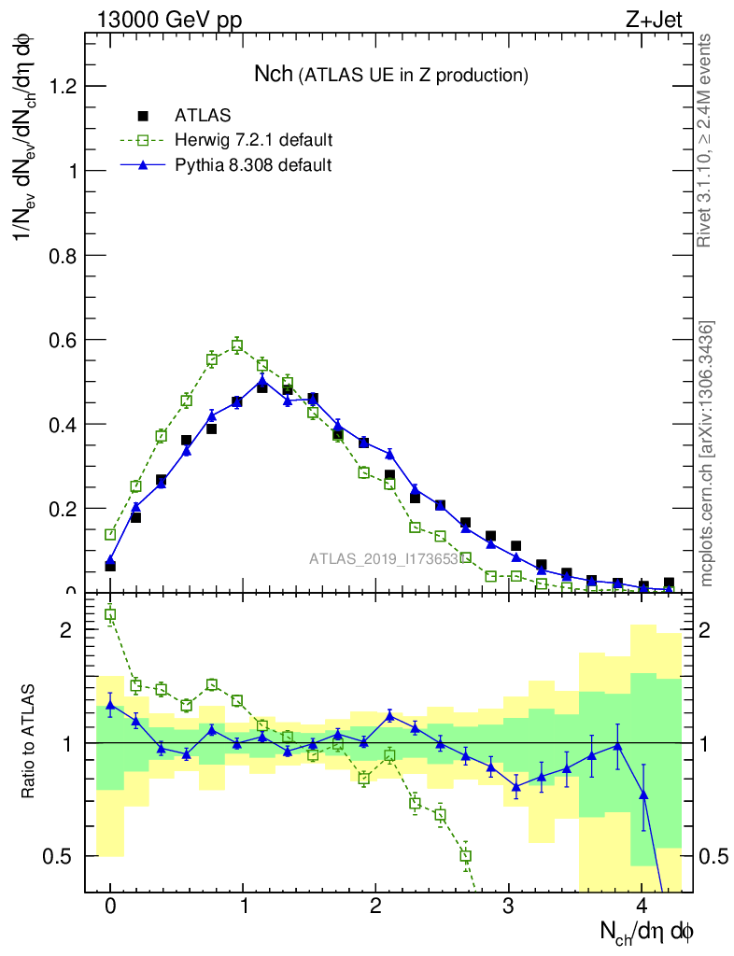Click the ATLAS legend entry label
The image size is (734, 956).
(x=203, y=116)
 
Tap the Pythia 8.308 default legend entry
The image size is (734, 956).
(x=253, y=164)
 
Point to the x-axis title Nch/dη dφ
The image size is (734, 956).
(x=646, y=930)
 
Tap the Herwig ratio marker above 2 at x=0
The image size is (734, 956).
(x=110, y=614)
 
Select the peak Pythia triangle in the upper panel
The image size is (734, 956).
(x=262, y=381)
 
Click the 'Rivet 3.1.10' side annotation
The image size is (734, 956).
(x=706, y=140)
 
